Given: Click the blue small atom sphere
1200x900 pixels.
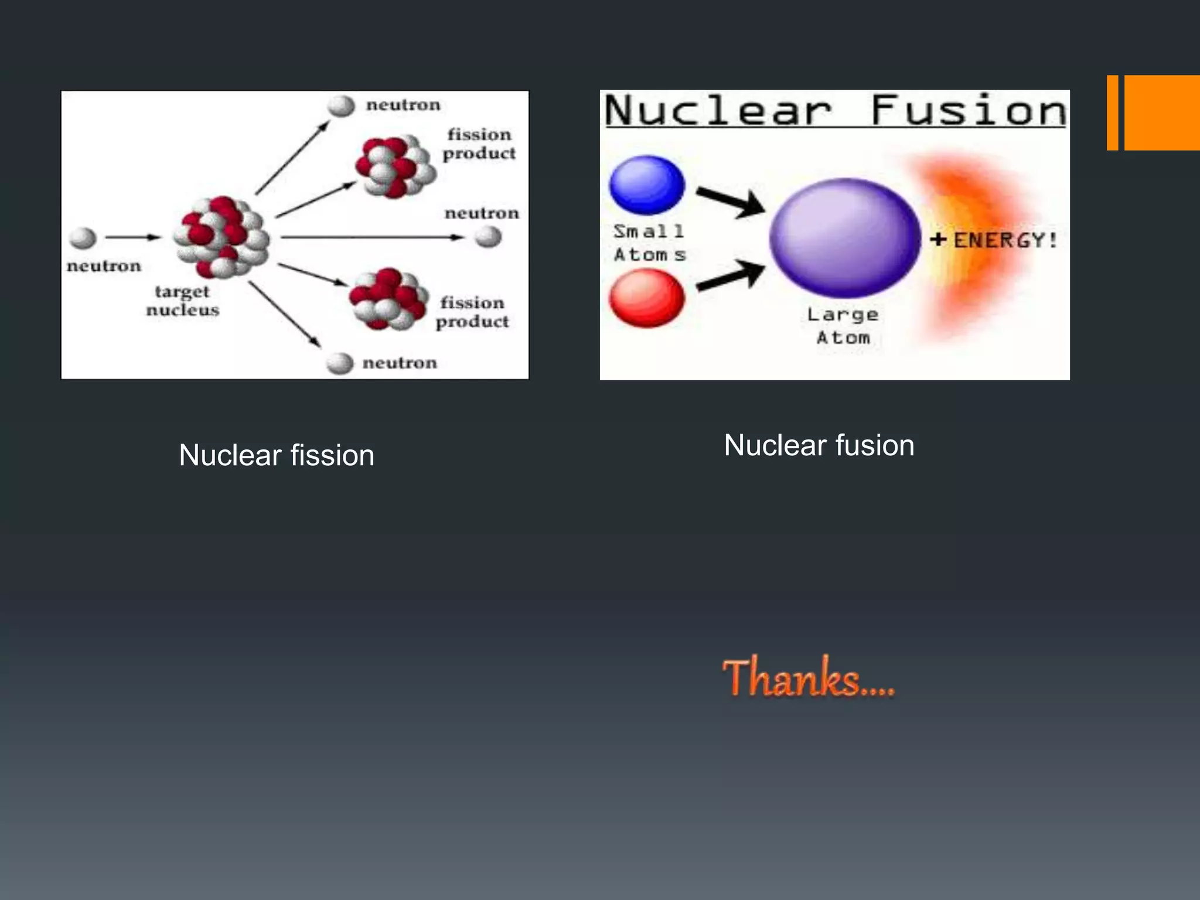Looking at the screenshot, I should (647, 185).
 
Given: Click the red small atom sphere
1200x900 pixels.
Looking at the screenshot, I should (646, 298).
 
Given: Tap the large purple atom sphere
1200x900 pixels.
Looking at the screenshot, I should (844, 238).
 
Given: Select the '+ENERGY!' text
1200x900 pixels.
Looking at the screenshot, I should (994, 240).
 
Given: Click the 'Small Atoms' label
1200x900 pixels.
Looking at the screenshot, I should (649, 243).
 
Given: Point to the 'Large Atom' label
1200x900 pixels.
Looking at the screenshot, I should (843, 326).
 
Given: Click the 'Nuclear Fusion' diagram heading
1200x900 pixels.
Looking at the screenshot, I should (835, 110).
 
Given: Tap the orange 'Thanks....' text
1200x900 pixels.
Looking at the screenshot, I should (809, 678).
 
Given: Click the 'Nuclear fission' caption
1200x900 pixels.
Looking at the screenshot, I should (277, 455).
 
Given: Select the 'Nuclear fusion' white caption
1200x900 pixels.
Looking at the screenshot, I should (819, 445).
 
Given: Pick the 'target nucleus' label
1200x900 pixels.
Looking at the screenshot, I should (182, 301).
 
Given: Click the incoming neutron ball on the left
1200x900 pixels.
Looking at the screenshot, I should (83, 238).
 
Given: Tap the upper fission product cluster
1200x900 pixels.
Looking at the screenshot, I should (397, 166).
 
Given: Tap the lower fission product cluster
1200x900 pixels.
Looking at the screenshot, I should (387, 299).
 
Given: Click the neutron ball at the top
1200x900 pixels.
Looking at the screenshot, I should (341, 106).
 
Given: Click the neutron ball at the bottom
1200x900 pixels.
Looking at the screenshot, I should (340, 363).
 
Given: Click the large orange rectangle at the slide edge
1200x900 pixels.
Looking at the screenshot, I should (1161, 112).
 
